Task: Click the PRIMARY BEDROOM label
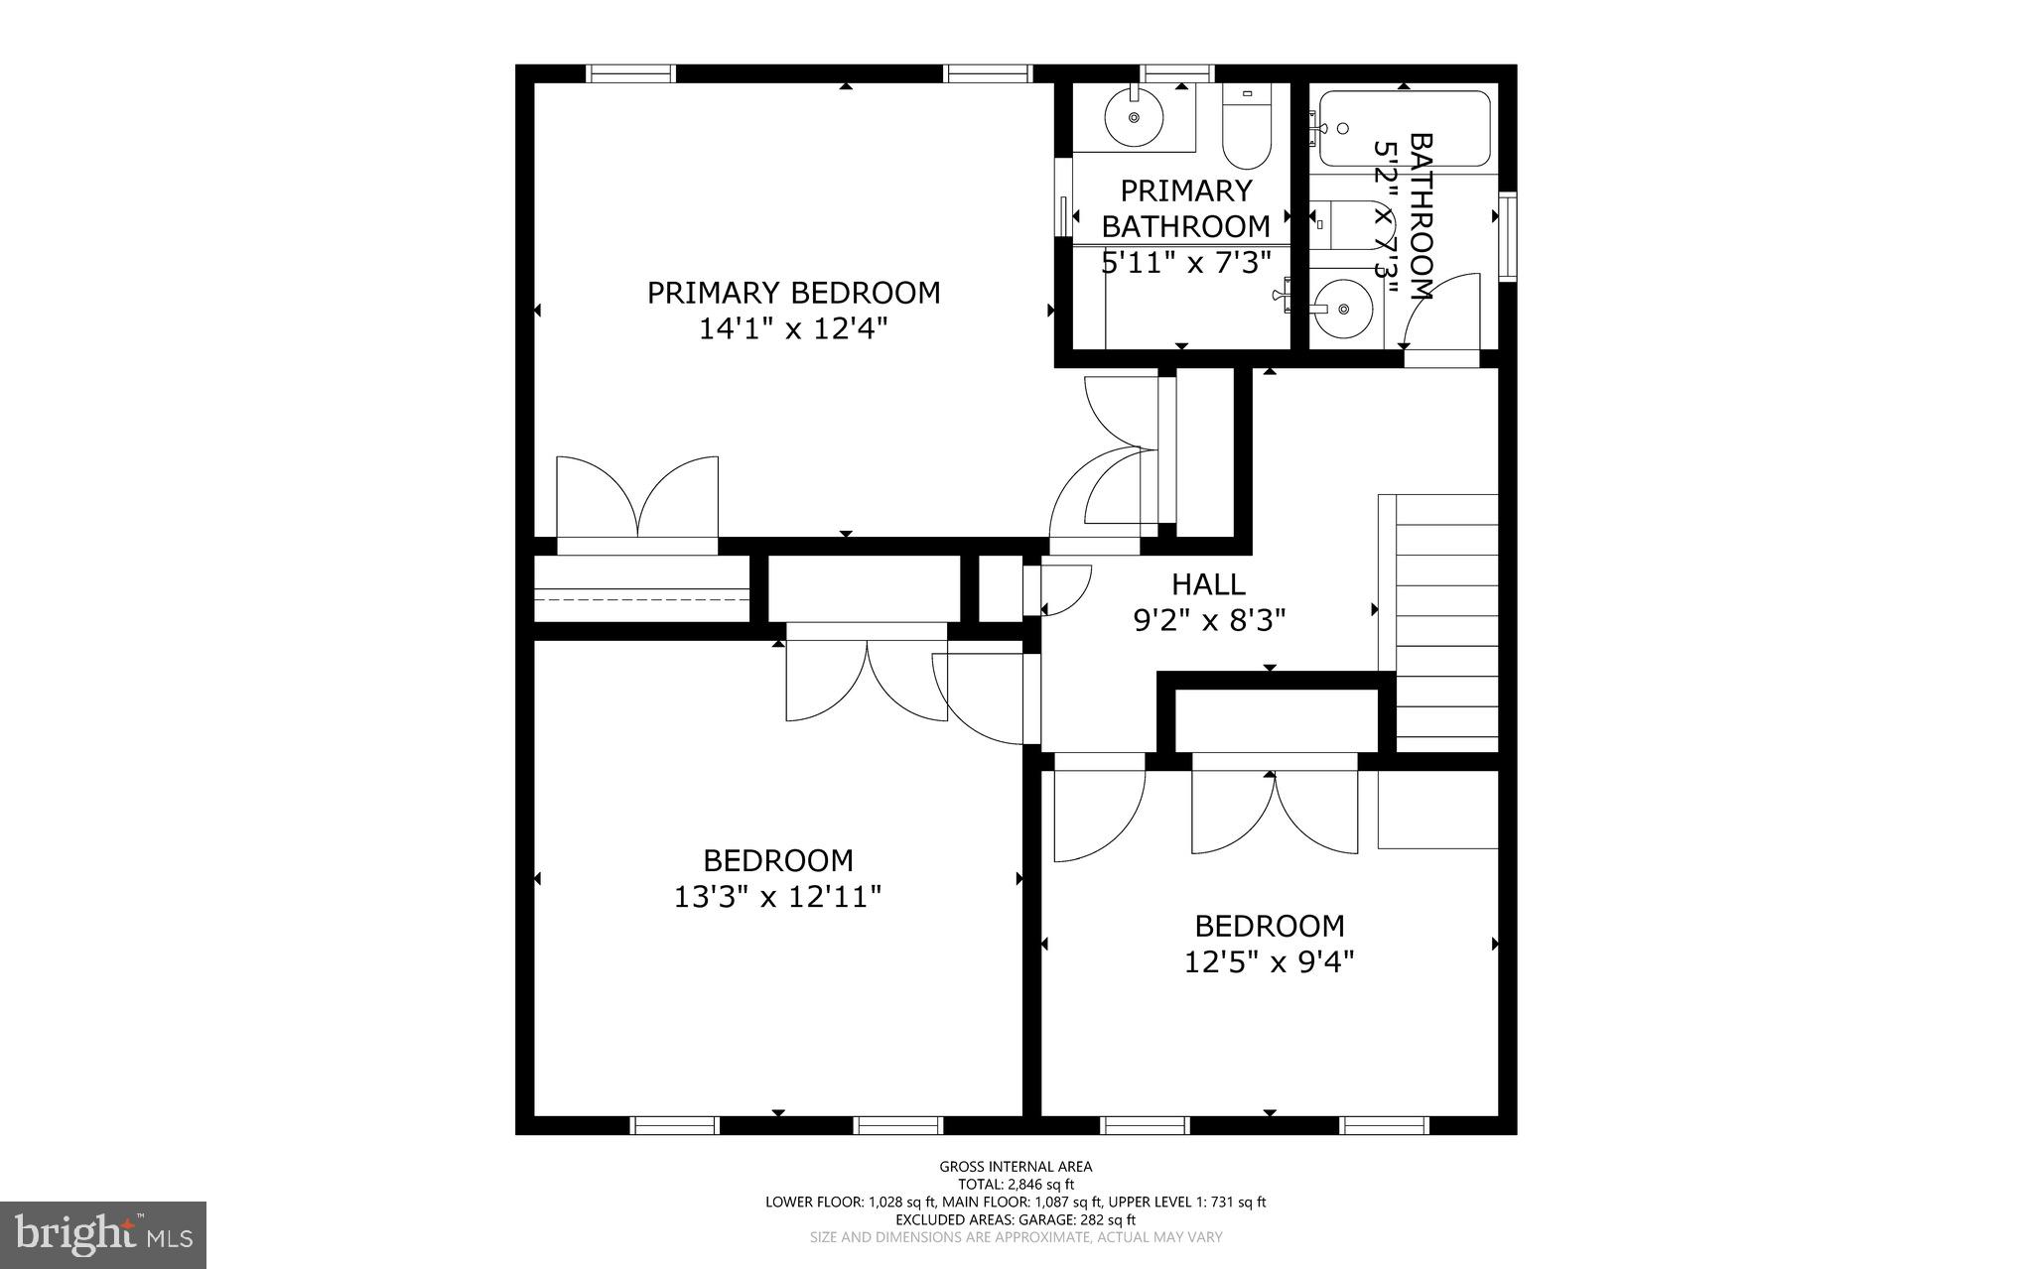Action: point(793,293)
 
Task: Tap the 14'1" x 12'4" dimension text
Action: point(793,329)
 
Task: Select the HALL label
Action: point(1208,583)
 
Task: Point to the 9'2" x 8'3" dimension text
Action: point(1209,621)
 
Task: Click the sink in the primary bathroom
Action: point(1134,118)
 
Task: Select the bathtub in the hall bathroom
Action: point(1404,129)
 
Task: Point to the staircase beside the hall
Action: point(1445,623)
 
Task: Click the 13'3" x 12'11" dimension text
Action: point(777,898)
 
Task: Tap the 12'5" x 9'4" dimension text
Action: point(1269,962)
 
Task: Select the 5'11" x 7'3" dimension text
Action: point(1186,263)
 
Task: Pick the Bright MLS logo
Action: point(103,1235)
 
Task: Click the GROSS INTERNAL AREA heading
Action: point(1016,1167)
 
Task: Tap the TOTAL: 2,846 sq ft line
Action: point(1016,1185)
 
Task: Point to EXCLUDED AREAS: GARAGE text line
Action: point(1016,1219)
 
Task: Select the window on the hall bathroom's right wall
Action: point(1508,236)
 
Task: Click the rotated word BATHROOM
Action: point(1422,216)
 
